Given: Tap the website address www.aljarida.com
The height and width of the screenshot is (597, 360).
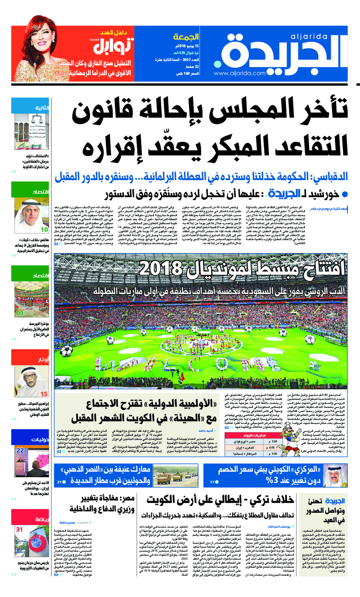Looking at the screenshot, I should pos(239,73).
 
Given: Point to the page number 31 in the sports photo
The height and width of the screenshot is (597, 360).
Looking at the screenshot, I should pos(20,529).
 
